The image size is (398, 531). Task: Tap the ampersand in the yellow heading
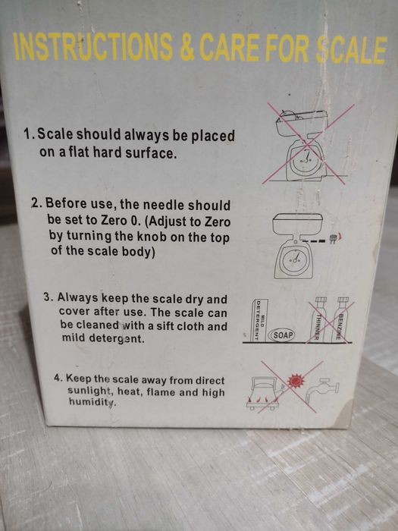click(x=186, y=47)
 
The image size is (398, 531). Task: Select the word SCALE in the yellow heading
click(x=351, y=49)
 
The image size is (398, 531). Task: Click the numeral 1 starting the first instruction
click(x=28, y=134)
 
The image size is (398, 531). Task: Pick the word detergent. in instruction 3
click(x=119, y=338)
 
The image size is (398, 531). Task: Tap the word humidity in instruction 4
click(x=92, y=402)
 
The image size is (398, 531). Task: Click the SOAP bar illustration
click(x=281, y=335)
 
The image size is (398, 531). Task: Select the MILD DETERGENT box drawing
click(x=261, y=320)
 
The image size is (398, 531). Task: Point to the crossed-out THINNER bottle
click(x=318, y=319)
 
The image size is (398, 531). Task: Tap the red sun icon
click(x=294, y=382)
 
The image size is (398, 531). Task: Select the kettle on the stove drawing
click(x=264, y=392)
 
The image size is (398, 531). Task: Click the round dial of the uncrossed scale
click(x=294, y=260)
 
